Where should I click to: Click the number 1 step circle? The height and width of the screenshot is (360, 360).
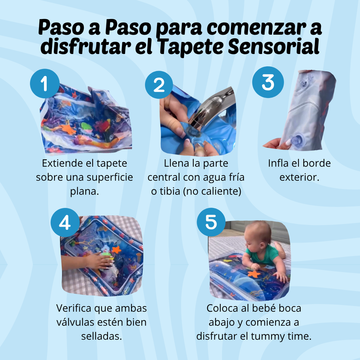(x=45, y=84)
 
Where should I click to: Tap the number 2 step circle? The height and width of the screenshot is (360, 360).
(x=159, y=85)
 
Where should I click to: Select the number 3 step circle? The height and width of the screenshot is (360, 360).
(x=268, y=83)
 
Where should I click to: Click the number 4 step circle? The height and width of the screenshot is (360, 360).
(x=65, y=222)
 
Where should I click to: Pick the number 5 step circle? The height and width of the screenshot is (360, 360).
(x=211, y=222)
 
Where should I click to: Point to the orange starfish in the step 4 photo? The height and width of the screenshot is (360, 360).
(x=116, y=249)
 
